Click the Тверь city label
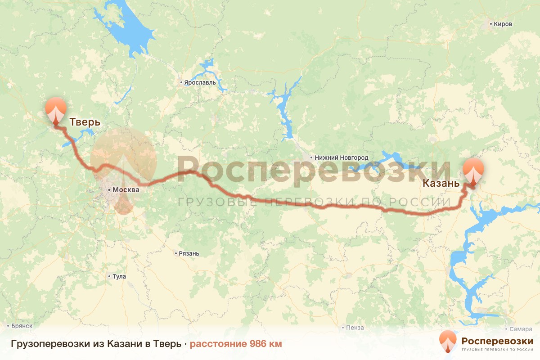click(x=85, y=122)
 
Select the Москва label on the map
click(x=126, y=190)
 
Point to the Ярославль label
click(x=200, y=83)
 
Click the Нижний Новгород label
click(x=342, y=158)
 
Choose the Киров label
click(x=503, y=24)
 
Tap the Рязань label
click(x=189, y=253)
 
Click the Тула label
click(x=119, y=276)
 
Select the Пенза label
click(x=355, y=328)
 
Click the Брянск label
click(x=20, y=325)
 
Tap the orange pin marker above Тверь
click(x=56, y=109)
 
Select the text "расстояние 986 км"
click(x=236, y=344)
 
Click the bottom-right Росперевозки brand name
click(x=497, y=341)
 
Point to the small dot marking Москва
click(x=109, y=190)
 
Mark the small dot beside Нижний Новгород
click(x=311, y=158)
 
